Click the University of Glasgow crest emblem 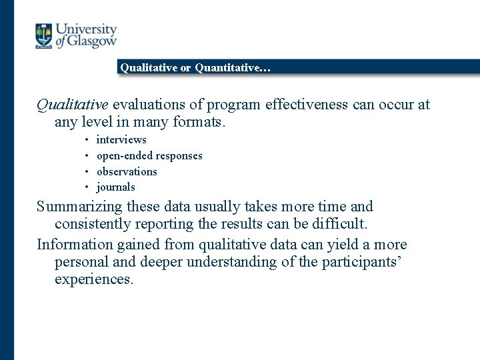[x=43, y=36]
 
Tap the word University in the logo [x=86, y=30]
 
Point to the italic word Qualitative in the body [x=72, y=105]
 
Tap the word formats [x=203, y=122]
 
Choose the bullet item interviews [x=121, y=139]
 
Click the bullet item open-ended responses [x=149, y=155]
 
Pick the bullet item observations [x=127, y=171]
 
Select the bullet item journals [x=116, y=187]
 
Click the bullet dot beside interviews [x=87, y=140]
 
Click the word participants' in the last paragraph [x=361, y=262]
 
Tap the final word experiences [x=94, y=279]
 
